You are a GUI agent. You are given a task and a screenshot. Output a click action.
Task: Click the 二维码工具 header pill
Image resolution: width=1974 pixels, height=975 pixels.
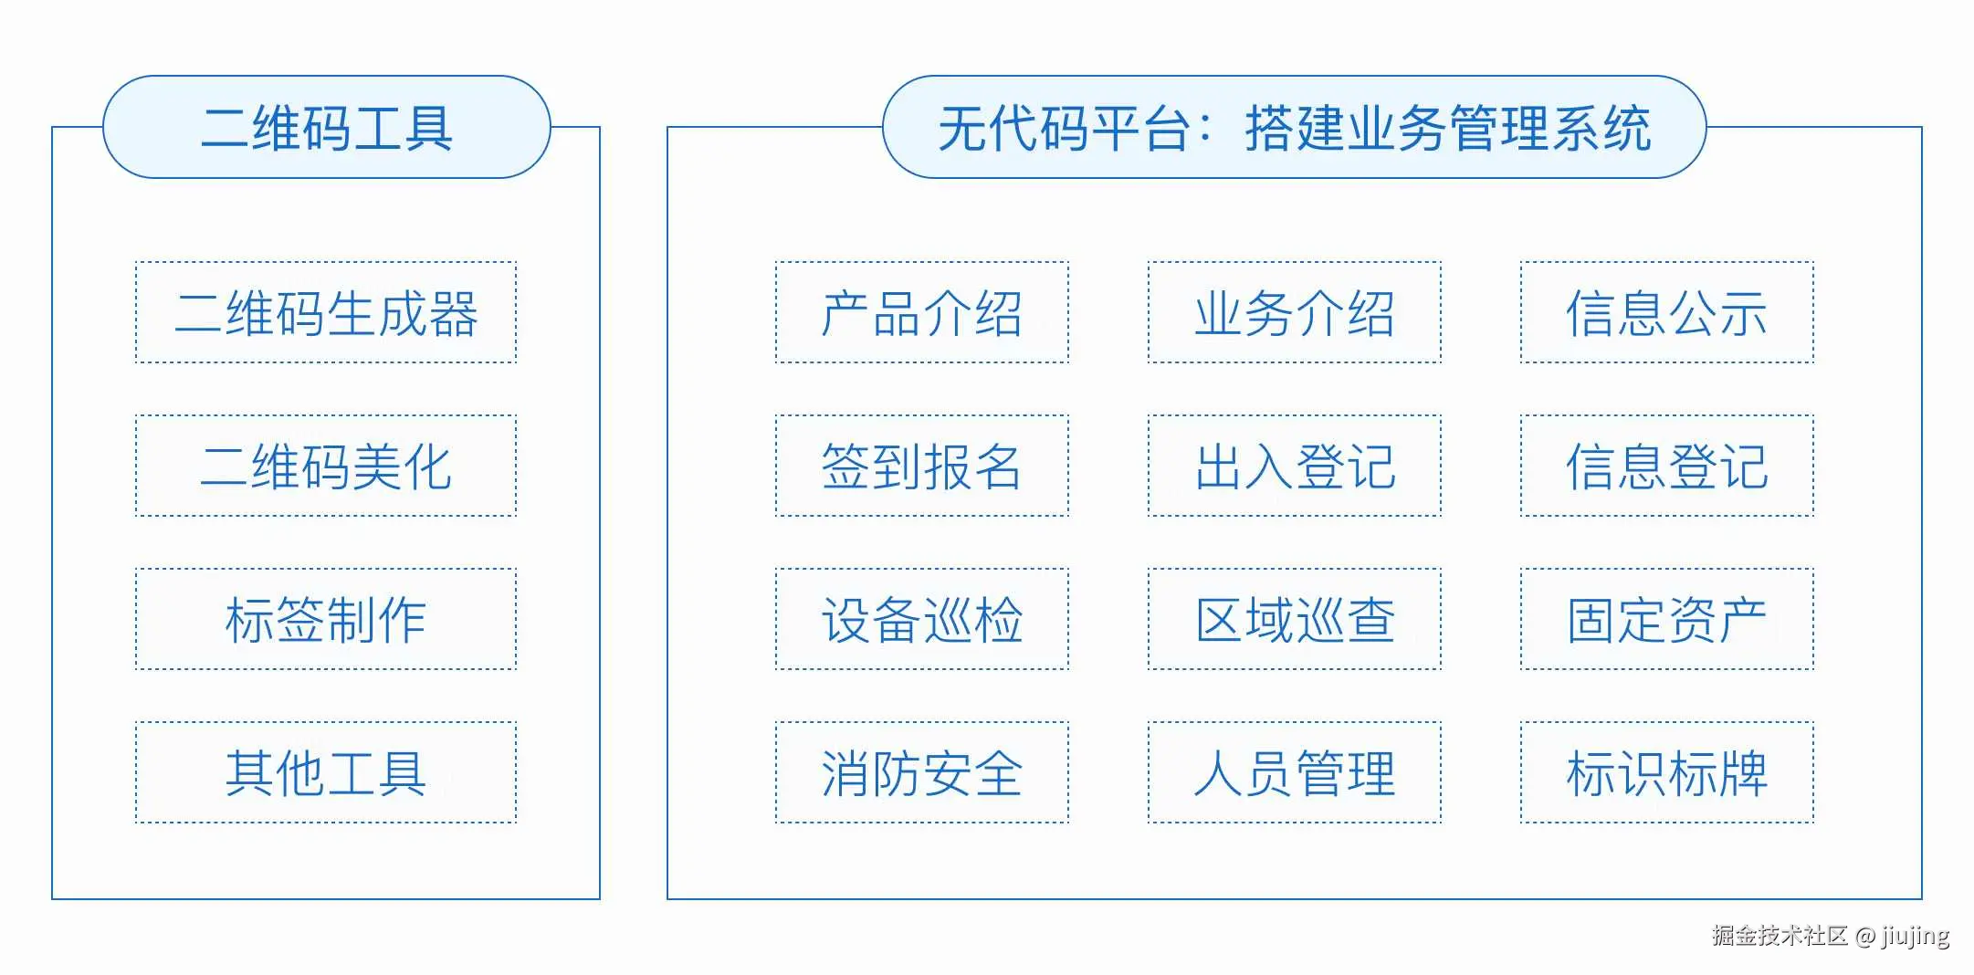[327, 127]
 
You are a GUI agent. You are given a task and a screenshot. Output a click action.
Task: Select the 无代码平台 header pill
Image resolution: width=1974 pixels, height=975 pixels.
[1294, 127]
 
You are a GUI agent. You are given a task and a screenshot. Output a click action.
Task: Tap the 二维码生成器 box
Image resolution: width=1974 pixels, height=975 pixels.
[326, 312]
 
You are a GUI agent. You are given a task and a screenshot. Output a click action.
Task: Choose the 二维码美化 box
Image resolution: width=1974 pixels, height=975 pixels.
[326, 466]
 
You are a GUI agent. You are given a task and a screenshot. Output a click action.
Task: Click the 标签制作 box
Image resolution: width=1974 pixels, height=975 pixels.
[326, 619]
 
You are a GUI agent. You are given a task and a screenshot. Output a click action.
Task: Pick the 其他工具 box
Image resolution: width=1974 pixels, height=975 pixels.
[326, 772]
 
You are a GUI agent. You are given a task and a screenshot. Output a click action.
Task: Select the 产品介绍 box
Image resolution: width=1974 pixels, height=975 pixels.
[922, 312]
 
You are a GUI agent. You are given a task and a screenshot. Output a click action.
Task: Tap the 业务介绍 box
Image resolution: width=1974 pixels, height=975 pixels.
[1295, 312]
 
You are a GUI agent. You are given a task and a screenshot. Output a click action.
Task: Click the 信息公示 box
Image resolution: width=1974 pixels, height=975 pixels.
[1667, 312]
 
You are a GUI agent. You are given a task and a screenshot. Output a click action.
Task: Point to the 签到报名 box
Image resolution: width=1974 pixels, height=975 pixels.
[922, 466]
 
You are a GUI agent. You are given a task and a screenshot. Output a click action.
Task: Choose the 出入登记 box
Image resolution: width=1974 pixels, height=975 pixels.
[1295, 466]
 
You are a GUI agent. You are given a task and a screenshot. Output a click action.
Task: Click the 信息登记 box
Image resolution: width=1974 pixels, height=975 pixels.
[1667, 466]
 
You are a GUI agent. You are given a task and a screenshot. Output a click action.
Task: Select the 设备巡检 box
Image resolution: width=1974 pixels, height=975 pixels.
[922, 619]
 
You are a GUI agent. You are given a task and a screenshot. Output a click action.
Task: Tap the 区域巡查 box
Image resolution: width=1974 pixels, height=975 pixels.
[1295, 619]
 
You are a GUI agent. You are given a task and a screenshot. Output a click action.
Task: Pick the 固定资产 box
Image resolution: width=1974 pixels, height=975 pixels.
[1667, 619]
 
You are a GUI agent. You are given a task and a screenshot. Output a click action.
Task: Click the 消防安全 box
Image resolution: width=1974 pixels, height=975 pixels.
[922, 772]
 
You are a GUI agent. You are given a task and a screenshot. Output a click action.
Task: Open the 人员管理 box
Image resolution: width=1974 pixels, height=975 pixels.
[1295, 772]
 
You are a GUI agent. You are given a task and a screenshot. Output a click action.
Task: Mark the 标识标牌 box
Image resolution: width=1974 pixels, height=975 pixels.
[1667, 772]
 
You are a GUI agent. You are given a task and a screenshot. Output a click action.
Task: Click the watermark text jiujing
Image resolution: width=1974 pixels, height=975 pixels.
[1915, 937]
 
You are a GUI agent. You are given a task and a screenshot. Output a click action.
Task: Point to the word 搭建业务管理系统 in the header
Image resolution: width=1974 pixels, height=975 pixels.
[1448, 128]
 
